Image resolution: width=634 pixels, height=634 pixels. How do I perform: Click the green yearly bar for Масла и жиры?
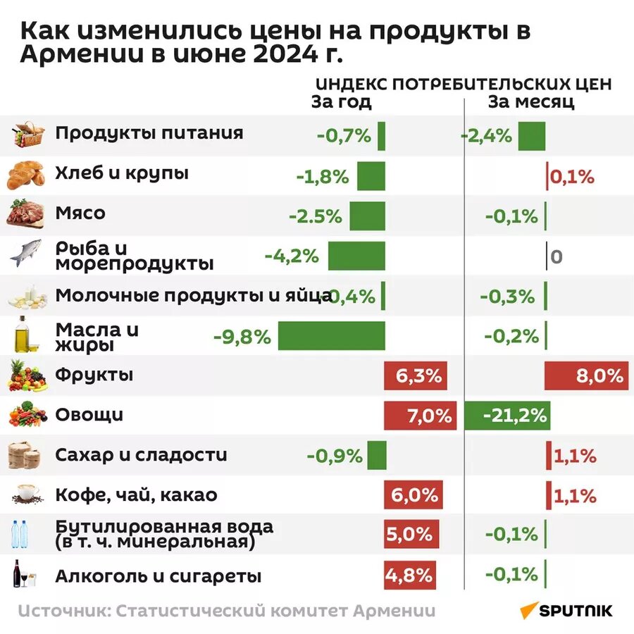tap(331, 336)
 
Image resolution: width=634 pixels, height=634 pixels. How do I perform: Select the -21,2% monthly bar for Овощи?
tap(507, 416)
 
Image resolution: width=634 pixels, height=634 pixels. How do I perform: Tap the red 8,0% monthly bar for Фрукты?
tap(585, 375)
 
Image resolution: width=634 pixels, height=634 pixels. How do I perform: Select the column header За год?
tap(341, 102)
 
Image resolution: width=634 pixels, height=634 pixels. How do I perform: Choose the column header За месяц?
tap(531, 102)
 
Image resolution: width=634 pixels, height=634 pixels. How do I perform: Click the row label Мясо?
tap(80, 213)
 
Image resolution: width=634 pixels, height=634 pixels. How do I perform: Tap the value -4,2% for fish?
tap(292, 256)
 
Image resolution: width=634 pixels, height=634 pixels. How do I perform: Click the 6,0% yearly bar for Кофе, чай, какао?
tap(414, 495)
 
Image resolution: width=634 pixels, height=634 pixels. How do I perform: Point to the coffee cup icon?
tap(27, 495)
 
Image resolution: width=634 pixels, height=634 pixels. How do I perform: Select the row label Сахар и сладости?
tap(141, 456)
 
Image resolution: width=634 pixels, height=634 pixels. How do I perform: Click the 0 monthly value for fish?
tap(556, 257)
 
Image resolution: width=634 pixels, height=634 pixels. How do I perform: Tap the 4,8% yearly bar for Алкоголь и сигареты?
tap(409, 576)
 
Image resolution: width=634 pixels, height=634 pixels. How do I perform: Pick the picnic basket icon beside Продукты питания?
tap(28, 135)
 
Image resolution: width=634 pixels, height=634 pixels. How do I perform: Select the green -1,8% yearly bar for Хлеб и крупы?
tap(371, 176)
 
